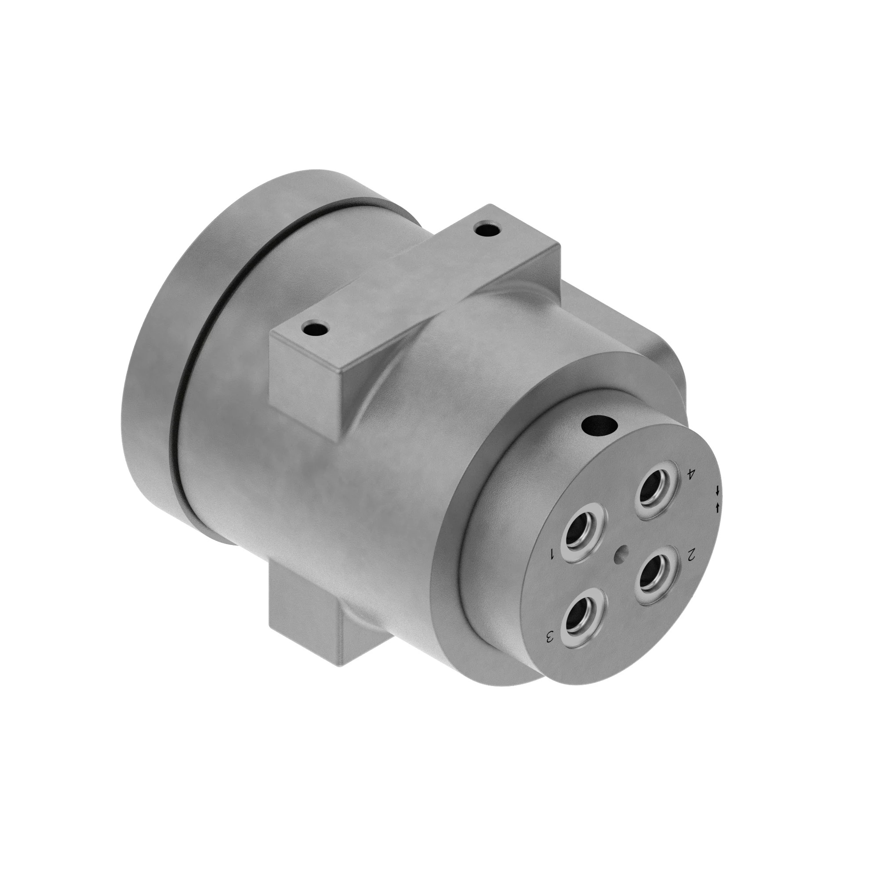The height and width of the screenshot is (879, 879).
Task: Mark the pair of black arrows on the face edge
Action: coord(718,499)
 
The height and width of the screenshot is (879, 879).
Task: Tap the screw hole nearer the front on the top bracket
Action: coord(315,327)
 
